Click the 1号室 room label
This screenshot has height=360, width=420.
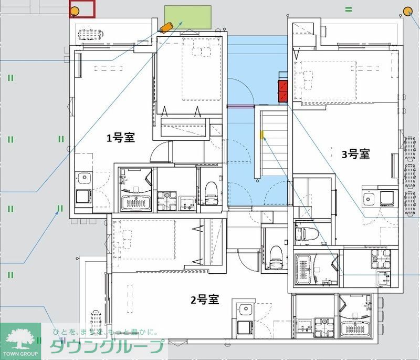pyautogui.click(x=121, y=138)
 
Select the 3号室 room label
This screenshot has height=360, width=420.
pyautogui.click(x=355, y=154)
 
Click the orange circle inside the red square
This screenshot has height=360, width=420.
pyautogui.click(x=75, y=11)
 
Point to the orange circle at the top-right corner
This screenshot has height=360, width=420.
pyautogui.click(x=407, y=12)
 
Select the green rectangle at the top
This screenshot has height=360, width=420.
pyautogui.click(x=188, y=17)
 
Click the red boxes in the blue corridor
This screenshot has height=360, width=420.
pyautogui.click(x=283, y=91)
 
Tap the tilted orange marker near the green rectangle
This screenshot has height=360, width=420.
pyautogui.click(x=166, y=27)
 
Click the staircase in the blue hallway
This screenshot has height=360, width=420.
pyautogui.click(x=274, y=142)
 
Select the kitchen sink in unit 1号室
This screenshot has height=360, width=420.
pyautogui.click(x=83, y=178)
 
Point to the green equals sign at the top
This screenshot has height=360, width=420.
pyautogui.click(x=348, y=9)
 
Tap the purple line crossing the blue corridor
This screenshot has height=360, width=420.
pyautogui.click(x=240, y=106)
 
